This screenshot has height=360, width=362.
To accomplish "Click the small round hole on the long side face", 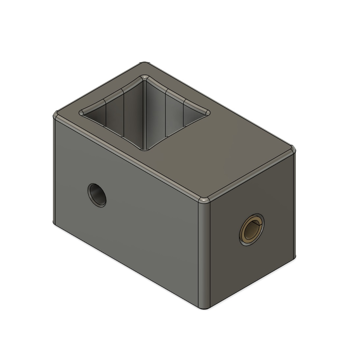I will click(97, 195).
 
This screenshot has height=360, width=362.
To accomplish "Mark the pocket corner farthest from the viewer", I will click(145, 77).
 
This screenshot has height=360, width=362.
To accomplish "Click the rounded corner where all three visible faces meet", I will click(204, 200).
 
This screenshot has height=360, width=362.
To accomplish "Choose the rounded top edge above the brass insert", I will click(250, 175).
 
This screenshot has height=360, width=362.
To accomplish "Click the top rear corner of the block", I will click(145, 63).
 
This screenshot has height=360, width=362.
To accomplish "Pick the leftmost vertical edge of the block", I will click(54, 168).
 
